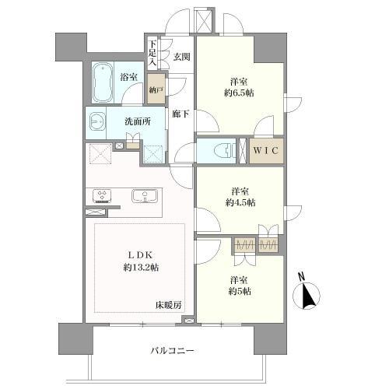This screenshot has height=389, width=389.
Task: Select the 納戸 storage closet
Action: pyautogui.click(x=156, y=88)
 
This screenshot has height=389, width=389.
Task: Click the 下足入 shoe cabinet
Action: pyautogui.click(x=152, y=52)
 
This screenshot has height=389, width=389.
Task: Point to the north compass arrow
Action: pyautogui.click(x=307, y=295)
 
